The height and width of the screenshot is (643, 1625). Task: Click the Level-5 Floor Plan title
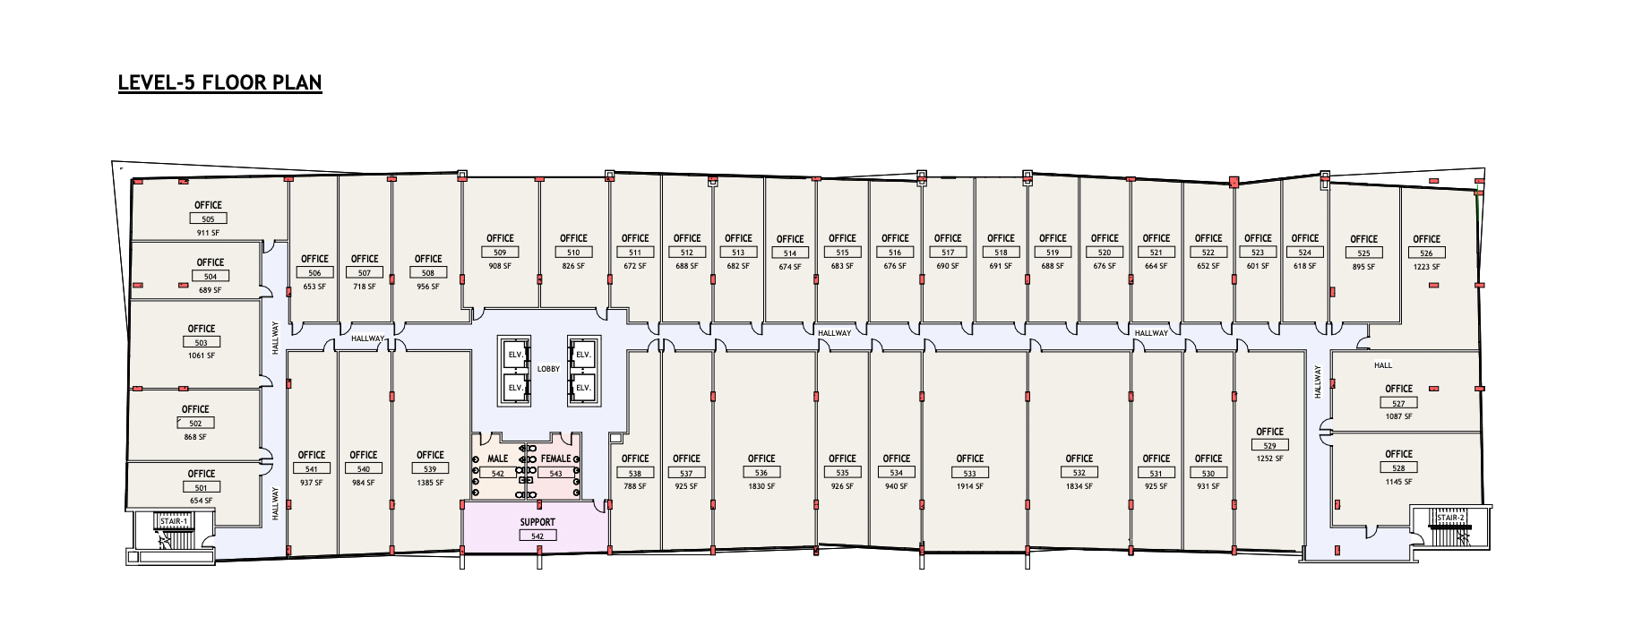[x=219, y=82]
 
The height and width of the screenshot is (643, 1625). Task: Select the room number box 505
[x=208, y=219]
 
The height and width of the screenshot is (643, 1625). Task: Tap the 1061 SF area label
[x=202, y=356]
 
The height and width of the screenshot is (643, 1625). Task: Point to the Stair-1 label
[x=174, y=521]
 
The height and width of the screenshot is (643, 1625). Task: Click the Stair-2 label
[x=1450, y=518]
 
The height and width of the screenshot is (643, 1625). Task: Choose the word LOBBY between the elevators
[x=548, y=369]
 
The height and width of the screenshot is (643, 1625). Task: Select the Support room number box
[x=537, y=536]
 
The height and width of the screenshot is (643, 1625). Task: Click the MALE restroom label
[x=497, y=459]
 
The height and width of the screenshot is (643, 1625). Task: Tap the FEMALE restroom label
[x=555, y=459]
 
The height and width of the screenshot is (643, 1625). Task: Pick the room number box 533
[x=969, y=473]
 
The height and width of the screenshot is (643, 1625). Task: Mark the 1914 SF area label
[x=969, y=486]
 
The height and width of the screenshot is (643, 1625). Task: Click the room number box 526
[x=1426, y=253]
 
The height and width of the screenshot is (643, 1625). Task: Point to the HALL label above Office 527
[x=1383, y=365]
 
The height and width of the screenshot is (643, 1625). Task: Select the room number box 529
[x=1269, y=445]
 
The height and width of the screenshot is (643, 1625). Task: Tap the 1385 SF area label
[x=430, y=483]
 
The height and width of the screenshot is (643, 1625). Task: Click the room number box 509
[x=500, y=253]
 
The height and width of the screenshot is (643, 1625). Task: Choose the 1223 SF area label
[x=1426, y=267]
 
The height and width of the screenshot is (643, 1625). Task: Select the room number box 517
[x=948, y=253]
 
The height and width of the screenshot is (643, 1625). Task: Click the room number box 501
[x=201, y=487]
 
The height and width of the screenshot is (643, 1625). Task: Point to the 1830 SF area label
[x=761, y=486]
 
